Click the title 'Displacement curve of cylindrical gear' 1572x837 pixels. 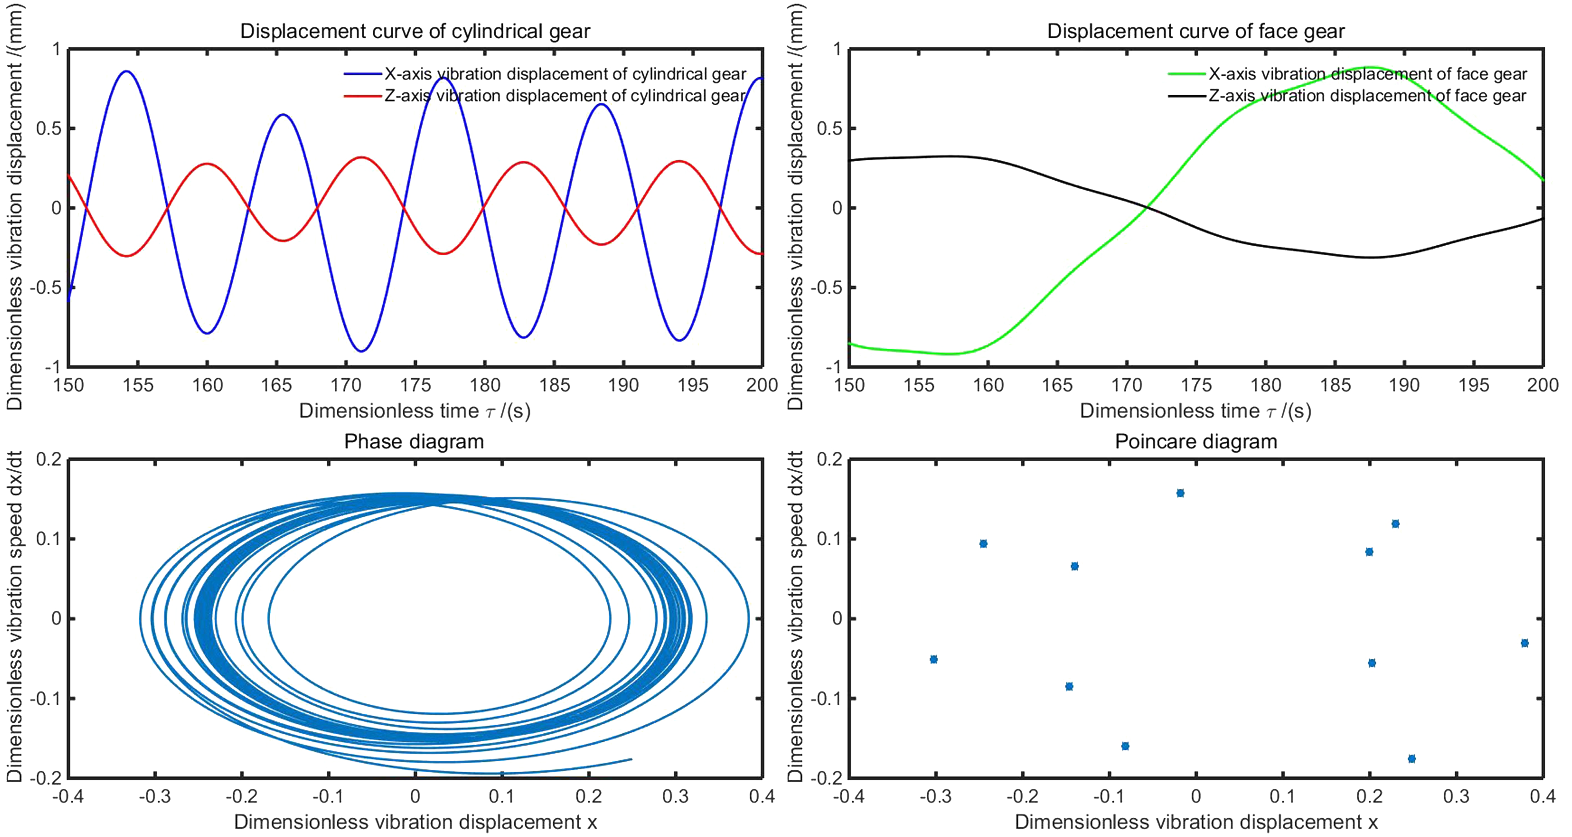415,31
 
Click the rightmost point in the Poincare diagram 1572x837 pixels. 1524,643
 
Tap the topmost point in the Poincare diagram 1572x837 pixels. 1180,493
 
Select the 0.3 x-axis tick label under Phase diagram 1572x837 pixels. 675,796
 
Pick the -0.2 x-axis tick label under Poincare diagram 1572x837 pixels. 1022,796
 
